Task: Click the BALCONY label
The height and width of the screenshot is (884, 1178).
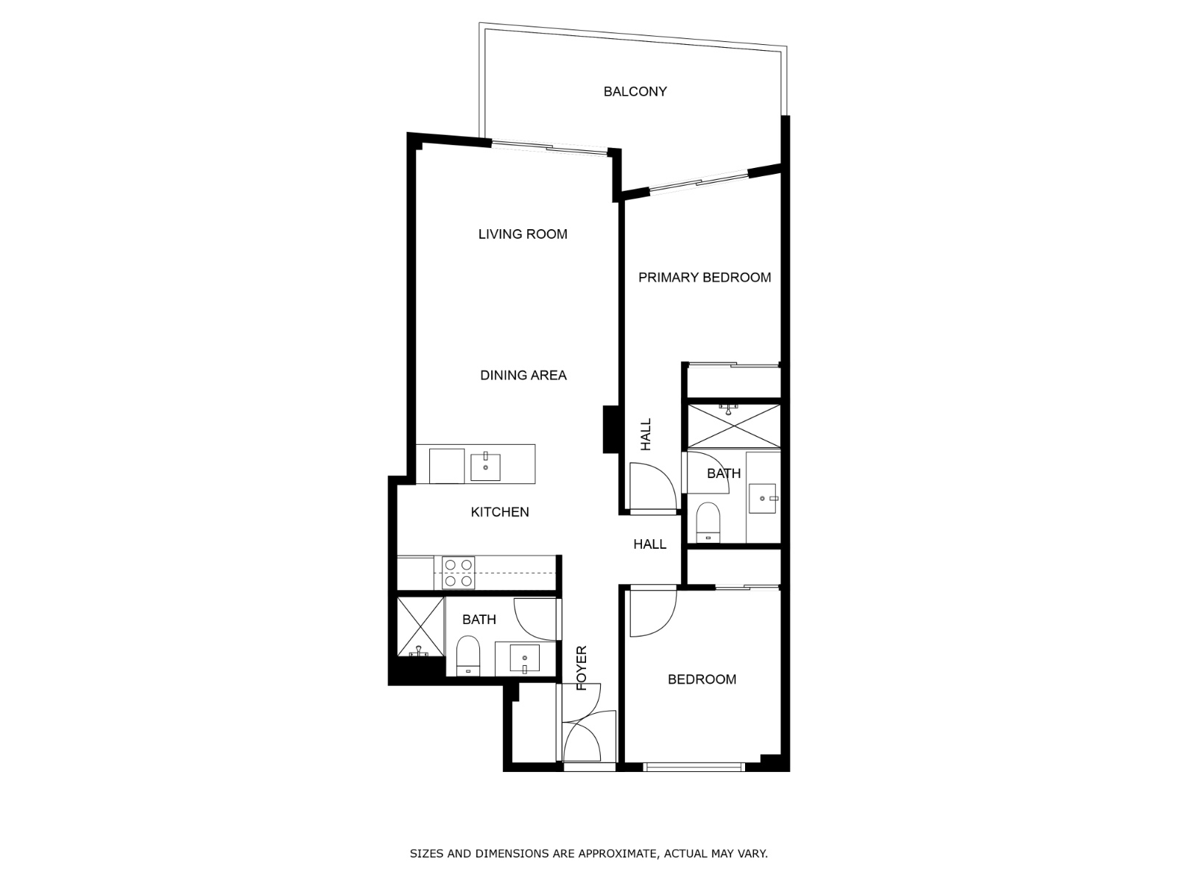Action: pyautogui.click(x=635, y=91)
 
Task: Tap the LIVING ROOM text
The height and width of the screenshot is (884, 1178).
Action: pyautogui.click(x=523, y=234)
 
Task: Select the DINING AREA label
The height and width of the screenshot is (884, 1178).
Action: pyautogui.click(x=523, y=375)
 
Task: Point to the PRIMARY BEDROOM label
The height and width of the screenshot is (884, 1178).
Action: pyautogui.click(x=705, y=277)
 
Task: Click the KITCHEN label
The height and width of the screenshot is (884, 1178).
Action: pyautogui.click(x=500, y=512)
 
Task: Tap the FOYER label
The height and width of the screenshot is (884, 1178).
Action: pyautogui.click(x=582, y=668)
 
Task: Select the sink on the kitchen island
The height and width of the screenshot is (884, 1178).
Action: pyautogui.click(x=485, y=467)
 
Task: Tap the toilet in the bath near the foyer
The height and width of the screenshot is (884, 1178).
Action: pyautogui.click(x=468, y=656)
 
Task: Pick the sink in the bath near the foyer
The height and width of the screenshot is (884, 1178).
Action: pyautogui.click(x=524, y=657)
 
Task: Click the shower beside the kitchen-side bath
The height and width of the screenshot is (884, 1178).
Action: pyautogui.click(x=420, y=626)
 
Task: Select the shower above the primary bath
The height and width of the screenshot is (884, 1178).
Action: pyautogui.click(x=733, y=425)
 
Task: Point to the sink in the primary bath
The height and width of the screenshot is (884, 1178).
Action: pyautogui.click(x=763, y=499)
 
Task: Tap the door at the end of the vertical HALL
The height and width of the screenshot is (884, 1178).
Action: pyautogui.click(x=651, y=486)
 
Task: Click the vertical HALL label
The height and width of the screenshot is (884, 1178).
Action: pyautogui.click(x=646, y=435)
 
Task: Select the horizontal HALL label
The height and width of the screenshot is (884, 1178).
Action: pyautogui.click(x=650, y=544)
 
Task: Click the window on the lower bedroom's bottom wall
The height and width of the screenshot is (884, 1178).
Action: pyautogui.click(x=693, y=767)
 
